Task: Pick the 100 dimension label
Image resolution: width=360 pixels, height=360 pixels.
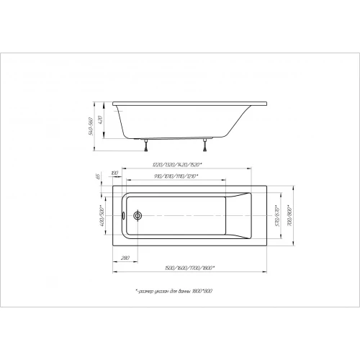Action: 115,174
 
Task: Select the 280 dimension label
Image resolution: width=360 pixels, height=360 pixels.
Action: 125,258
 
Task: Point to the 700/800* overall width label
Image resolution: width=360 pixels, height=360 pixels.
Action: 289,215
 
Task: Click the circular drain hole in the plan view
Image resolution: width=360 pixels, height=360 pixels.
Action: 138,215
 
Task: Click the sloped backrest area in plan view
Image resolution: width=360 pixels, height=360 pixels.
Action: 240,215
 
